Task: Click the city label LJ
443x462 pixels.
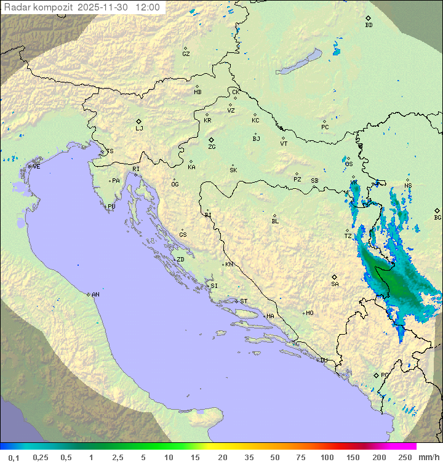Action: [139, 129]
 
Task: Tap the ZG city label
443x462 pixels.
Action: [212, 147]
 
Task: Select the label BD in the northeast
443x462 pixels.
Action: [369, 25]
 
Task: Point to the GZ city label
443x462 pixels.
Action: [186, 54]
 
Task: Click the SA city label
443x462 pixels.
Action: [335, 284]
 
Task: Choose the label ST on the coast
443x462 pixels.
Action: [244, 301]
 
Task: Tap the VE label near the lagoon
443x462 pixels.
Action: [36, 167]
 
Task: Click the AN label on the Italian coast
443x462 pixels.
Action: [95, 295]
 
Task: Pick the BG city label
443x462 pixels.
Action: [437, 218]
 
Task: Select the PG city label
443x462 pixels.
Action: [385, 375]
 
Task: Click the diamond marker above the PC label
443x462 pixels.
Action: [324, 121]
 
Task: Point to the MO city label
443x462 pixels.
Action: [309, 313]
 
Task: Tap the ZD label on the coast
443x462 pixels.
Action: [180, 260]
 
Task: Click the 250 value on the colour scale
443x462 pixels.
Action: [405, 457]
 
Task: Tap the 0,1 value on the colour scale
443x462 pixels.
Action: [14, 457]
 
